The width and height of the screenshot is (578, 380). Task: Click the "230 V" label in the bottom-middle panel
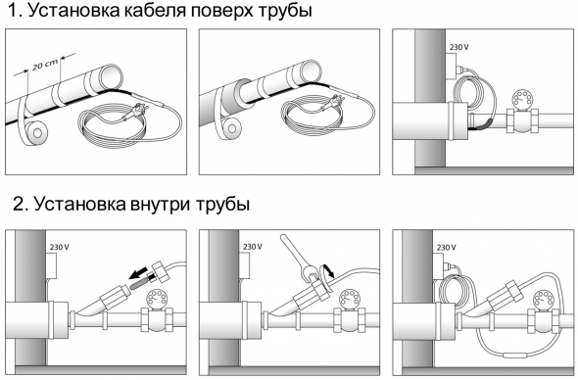(253, 247)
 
